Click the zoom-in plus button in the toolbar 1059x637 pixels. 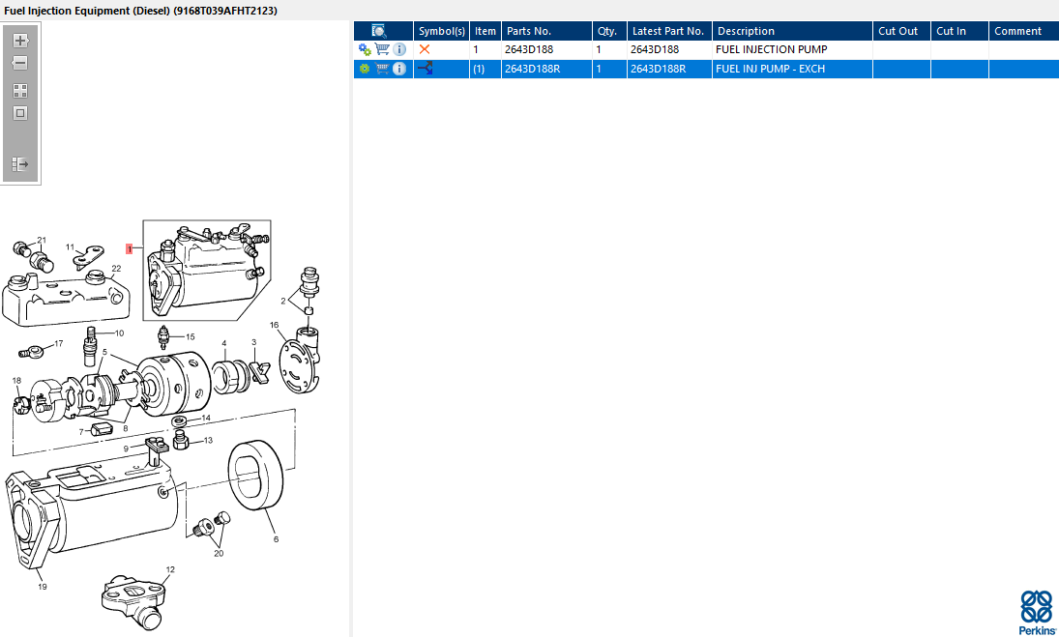click(x=20, y=41)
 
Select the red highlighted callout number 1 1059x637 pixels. click(x=129, y=249)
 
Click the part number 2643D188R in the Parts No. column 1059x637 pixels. click(x=532, y=69)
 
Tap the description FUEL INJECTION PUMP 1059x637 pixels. click(x=771, y=49)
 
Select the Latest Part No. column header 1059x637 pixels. click(x=668, y=31)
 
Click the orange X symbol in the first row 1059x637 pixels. click(x=425, y=49)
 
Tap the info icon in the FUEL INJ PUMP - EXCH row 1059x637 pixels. click(x=399, y=69)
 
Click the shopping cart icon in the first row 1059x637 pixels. click(x=382, y=49)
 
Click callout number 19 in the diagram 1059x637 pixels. click(x=42, y=587)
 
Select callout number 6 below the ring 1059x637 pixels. click(x=276, y=539)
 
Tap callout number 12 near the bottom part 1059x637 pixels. click(x=170, y=569)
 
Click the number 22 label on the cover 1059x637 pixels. click(x=116, y=269)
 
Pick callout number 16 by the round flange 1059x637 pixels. click(x=275, y=325)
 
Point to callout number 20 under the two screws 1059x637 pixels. click(x=219, y=553)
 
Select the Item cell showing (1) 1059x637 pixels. click(x=479, y=69)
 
